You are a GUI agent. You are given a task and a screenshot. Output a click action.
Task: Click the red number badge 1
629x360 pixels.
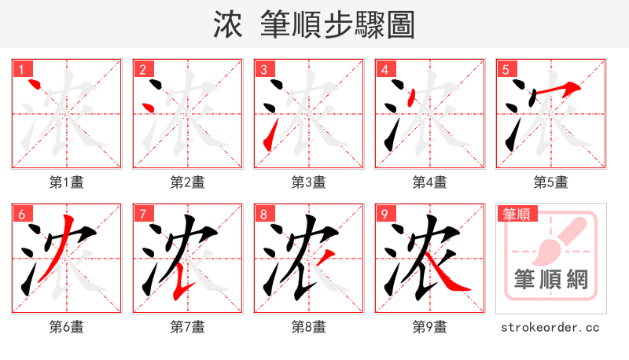tap(20, 69)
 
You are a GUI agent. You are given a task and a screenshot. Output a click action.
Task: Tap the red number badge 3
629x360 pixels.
tap(263, 69)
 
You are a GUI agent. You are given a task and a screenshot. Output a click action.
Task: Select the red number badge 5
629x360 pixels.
tap(505, 69)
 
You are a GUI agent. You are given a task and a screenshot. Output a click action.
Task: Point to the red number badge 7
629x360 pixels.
tap(142, 214)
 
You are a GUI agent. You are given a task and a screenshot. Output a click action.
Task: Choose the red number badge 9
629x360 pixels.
tap(384, 214)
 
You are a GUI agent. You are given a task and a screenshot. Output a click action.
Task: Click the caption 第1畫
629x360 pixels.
tap(67, 182)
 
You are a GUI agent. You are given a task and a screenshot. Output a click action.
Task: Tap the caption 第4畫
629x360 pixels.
tap(430, 182)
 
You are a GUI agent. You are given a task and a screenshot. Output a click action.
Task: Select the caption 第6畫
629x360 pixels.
tap(67, 327)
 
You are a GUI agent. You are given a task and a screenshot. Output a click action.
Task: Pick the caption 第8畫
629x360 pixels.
tap(309, 327)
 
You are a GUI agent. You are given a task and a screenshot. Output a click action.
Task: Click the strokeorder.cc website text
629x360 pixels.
tap(551, 327)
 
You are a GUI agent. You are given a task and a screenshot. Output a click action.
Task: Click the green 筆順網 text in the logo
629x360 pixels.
tap(551, 279)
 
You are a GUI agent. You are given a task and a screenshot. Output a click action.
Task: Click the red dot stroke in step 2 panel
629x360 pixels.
tap(147, 106)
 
